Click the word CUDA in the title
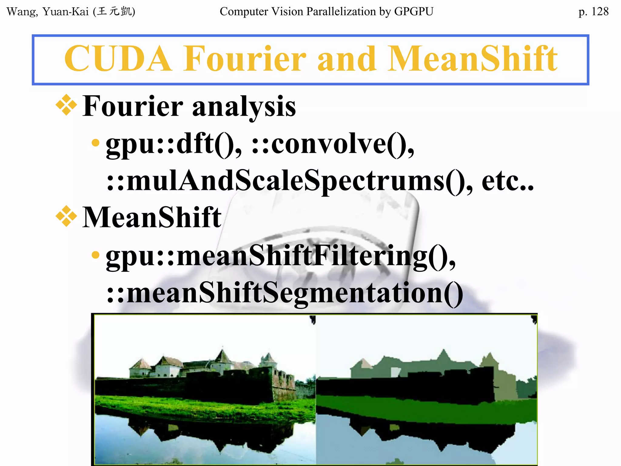pos(118,59)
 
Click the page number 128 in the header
pos(599,12)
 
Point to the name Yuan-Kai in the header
pos(65,12)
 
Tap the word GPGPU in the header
pos(414,12)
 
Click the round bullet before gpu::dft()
pos(96,143)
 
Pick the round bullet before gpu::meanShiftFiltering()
pos(96,255)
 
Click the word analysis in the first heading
pos(244,107)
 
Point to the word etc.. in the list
pos(508,181)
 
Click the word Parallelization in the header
pos(341,12)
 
